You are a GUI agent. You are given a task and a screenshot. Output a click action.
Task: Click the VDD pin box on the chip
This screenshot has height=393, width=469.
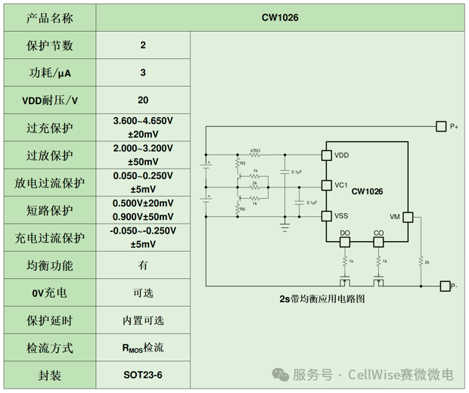pyautogui.click(x=326, y=155)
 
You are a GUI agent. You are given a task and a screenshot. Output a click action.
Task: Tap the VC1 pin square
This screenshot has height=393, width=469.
pyautogui.click(x=326, y=185)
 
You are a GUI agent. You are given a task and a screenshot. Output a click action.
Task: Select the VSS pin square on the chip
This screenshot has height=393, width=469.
pyautogui.click(x=326, y=216)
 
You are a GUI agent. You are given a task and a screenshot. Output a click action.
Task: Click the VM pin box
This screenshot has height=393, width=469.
pyautogui.click(x=408, y=217)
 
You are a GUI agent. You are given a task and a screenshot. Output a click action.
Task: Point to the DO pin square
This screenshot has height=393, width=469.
pyautogui.click(x=345, y=242)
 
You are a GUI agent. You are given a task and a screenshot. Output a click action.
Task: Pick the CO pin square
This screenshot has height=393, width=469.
pyautogui.click(x=378, y=242)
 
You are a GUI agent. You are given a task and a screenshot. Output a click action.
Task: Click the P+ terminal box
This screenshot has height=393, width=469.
pyautogui.click(x=442, y=126)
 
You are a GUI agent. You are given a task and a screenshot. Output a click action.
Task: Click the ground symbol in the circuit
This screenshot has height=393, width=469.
pyautogui.click(x=285, y=224)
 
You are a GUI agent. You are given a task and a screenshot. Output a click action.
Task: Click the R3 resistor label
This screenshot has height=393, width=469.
pyautogui.click(x=241, y=162)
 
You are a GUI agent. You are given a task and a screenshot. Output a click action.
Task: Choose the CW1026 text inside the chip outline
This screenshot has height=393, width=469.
pyautogui.click(x=367, y=191)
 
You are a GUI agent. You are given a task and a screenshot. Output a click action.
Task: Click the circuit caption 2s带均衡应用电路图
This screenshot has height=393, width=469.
pyautogui.click(x=321, y=299)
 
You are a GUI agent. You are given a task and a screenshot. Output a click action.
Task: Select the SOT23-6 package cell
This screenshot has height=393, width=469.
pyautogui.click(x=143, y=375)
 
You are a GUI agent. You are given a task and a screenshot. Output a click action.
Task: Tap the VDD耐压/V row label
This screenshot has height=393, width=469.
pyautogui.click(x=49, y=100)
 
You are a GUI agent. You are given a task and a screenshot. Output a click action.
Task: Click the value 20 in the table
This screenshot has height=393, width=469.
pyautogui.click(x=143, y=100)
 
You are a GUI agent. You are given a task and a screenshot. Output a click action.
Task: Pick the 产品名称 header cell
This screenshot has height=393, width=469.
pyautogui.click(x=49, y=17)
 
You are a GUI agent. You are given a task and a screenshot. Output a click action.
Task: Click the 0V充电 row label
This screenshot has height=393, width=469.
pyautogui.click(x=49, y=292)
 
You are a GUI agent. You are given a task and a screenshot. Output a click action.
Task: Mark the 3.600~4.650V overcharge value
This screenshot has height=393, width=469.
pyautogui.click(x=143, y=120)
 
